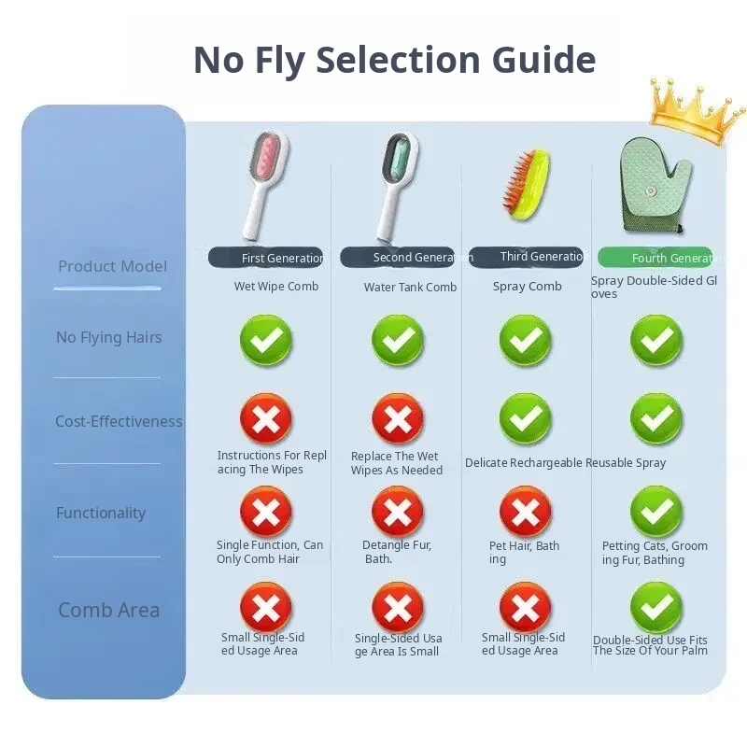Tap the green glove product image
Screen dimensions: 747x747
655,186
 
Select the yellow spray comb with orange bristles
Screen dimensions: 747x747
526,184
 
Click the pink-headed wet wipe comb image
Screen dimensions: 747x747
265,185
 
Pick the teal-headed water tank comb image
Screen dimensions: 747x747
397,186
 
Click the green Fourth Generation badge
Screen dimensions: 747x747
655,258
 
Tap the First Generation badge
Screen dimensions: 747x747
266,258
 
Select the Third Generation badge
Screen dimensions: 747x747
526,257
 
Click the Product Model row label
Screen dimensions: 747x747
112,266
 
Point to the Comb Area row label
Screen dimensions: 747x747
108,611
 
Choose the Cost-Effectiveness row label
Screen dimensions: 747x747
119,422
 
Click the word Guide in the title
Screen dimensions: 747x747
543,60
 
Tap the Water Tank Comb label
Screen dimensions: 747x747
410,288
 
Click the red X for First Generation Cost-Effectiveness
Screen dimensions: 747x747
265,419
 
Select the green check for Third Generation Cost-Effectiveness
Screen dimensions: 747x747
526,418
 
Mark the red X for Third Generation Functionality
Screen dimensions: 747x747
526,512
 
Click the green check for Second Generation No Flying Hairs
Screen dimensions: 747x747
398,340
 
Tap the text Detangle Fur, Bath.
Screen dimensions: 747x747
397,552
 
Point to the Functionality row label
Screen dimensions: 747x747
101,513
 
